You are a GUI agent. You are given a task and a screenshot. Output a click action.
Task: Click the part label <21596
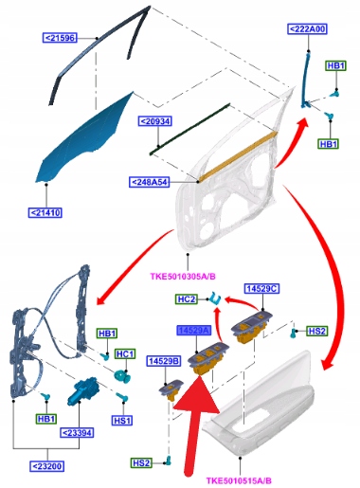pos(60,38)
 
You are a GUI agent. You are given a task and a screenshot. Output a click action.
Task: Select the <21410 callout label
pos(45,212)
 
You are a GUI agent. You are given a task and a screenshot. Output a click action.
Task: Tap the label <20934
pos(155,121)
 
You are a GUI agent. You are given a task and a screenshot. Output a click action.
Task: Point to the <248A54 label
pos(150,182)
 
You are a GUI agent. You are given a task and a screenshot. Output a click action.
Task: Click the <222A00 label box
pos(307,29)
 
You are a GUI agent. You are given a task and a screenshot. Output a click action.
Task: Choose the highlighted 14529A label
pos(193,331)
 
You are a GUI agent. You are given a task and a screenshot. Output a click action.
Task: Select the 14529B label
pos(164,361)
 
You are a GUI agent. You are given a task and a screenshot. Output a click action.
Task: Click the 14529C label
pos(262,289)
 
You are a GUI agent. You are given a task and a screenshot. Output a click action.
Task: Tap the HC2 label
pos(187,299)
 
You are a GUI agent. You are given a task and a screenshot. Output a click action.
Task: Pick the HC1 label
pos(125,354)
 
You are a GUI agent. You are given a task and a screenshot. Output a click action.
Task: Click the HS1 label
pos(121,421)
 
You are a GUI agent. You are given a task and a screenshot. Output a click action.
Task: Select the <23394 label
pos(78,433)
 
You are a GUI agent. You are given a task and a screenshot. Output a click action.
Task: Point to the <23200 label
pos(47,466)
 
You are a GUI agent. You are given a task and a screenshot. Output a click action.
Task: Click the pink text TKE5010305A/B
pos(183,277)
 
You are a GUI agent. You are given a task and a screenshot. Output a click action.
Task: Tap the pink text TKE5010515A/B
pos(239,481)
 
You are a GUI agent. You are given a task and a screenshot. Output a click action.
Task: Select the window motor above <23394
pos(82,390)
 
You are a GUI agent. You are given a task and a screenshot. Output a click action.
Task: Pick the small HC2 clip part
pos(216,298)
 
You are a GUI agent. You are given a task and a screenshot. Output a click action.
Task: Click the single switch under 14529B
pos(171,390)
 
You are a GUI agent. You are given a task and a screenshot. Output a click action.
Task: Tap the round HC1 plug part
pos(121,375)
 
